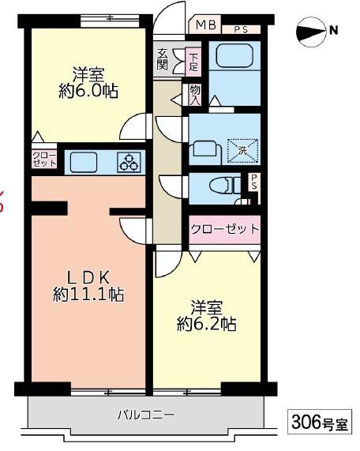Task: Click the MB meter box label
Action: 206,25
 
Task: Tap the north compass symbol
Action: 317,32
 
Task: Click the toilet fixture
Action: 226,185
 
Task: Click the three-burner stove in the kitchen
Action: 129,163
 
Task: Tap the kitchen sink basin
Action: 84,163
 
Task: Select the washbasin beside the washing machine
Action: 205,149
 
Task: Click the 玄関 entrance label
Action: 162,59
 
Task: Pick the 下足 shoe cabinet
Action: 193,62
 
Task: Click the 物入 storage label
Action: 195,95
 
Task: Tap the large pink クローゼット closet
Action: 225,229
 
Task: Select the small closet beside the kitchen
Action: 44,160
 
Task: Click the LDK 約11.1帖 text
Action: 88,287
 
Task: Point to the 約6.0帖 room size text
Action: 88,92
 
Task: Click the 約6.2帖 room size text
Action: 207,324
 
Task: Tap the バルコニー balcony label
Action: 146,415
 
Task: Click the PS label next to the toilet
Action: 254,181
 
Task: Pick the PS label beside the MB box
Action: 241,30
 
